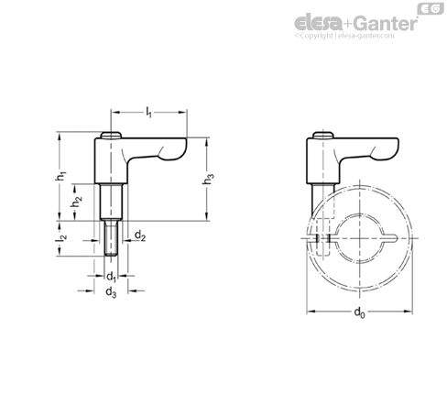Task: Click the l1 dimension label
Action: click(149, 112)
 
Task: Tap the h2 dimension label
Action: click(80, 201)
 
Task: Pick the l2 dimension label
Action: click(62, 239)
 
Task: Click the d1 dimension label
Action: click(110, 275)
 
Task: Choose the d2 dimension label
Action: click(139, 236)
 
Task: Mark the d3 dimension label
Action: click(110, 292)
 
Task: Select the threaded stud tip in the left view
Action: click(111, 242)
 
